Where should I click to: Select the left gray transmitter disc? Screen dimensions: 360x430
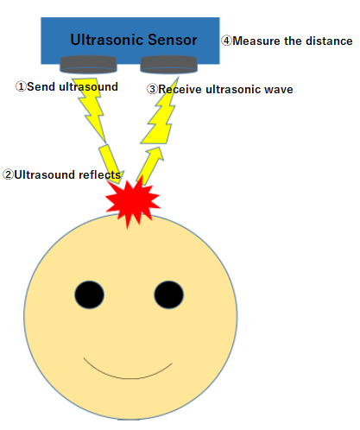tap(88, 64)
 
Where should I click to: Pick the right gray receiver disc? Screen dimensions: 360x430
tap(168, 64)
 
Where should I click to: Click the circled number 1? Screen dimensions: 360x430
tap(21, 86)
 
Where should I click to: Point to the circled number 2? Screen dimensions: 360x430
tap(8, 174)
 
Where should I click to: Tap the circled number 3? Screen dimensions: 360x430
tap(152, 89)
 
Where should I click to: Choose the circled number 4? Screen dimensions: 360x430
tap(226, 41)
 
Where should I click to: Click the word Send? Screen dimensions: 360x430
tap(41, 86)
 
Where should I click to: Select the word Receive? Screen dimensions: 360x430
tap(180, 89)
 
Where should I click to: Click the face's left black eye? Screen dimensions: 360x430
tap(90, 294)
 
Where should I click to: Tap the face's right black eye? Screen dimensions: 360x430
tap(169, 294)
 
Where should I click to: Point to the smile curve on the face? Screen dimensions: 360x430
tap(129, 378)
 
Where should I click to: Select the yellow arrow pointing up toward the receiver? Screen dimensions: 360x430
tap(150, 166)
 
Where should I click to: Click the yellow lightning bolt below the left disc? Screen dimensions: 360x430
tap(90, 110)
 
